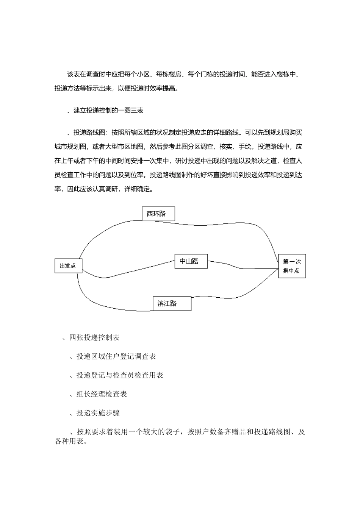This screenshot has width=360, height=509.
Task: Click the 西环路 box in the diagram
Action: [158, 214]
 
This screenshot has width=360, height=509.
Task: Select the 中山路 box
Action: [191, 261]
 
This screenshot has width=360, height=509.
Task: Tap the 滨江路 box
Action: [172, 303]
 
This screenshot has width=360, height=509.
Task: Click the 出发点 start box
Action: [68, 265]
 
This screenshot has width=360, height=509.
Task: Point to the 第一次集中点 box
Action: [292, 266]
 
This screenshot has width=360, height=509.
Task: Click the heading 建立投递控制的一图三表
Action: [108, 111]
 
